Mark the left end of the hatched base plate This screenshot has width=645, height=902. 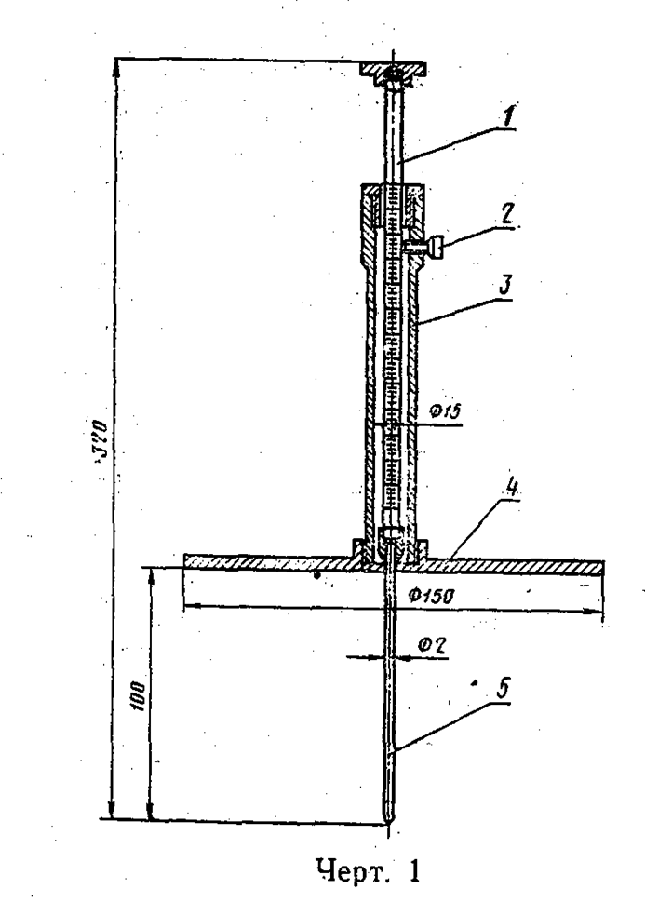coord(188,560)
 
